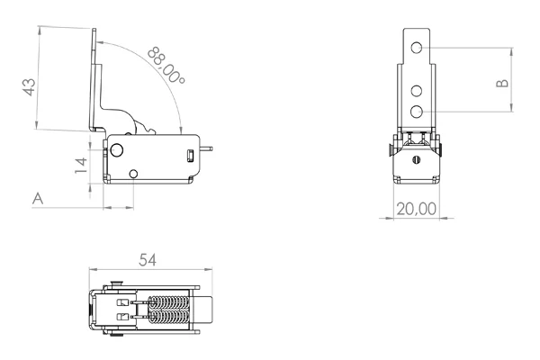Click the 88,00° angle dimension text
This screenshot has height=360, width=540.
tap(167, 66)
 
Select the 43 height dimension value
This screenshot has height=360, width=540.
tap(29, 87)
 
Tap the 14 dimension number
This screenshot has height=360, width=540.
tap(80, 163)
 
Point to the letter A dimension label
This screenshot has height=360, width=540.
tap(38, 197)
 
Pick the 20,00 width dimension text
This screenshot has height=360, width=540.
tap(417, 208)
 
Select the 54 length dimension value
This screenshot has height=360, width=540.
tap(148, 259)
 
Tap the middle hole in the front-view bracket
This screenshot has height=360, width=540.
tap(417, 91)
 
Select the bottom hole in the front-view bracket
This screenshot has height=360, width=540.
tap(417, 111)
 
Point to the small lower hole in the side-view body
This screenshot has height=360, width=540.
tap(134, 173)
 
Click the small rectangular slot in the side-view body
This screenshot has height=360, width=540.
tap(190, 157)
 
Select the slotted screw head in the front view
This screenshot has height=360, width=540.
tap(417, 159)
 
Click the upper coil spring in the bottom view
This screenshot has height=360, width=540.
tap(168, 302)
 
